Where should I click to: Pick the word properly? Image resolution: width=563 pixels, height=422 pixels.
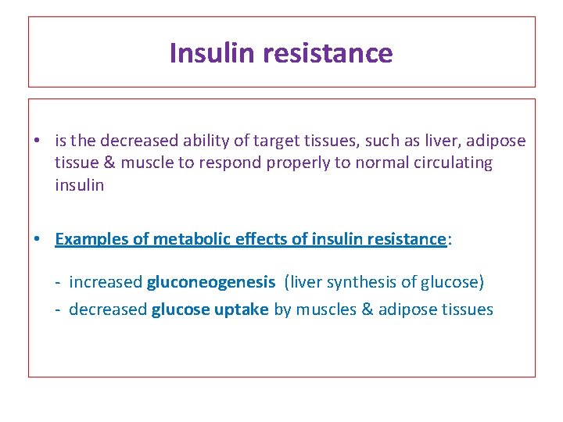[295, 163]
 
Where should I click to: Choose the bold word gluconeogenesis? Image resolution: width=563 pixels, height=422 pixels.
[211, 282]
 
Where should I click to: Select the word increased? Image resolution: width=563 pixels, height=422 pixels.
[106, 282]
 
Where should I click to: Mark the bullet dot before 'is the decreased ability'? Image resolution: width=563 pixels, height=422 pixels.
[37, 141]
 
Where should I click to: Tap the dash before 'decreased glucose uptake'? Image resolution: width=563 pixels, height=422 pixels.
[58, 310]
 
